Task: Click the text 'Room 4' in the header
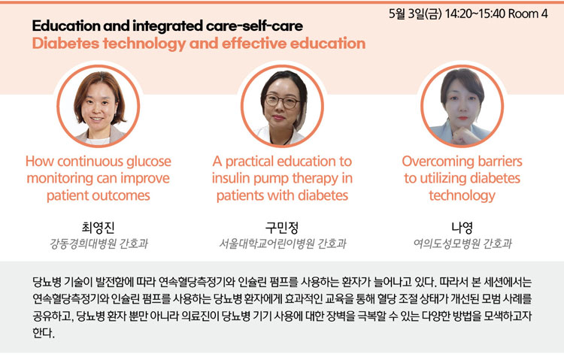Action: click(x=528, y=14)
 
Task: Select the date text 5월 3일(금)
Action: click(x=415, y=14)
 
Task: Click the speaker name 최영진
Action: click(x=99, y=227)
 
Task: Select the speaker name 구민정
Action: click(x=282, y=227)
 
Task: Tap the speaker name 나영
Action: click(x=462, y=227)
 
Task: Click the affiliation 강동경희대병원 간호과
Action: click(x=99, y=244)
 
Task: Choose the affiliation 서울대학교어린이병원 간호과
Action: click(x=282, y=244)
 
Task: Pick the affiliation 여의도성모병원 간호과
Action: click(x=462, y=244)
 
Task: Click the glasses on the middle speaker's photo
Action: click(x=282, y=101)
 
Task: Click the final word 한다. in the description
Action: click(x=44, y=333)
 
